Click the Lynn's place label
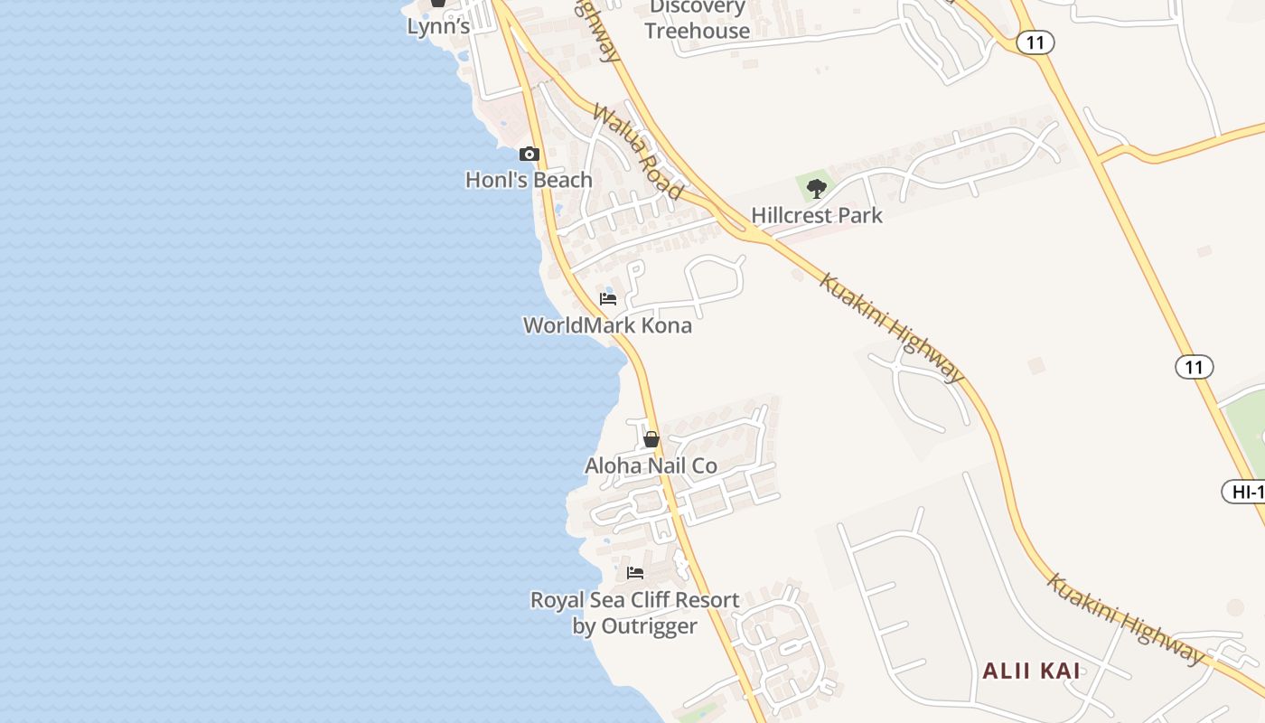438,26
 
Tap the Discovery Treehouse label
698,19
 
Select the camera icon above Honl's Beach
529,155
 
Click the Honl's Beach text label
529,180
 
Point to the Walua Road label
637,152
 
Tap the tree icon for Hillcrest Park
817,189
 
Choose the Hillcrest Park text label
817,215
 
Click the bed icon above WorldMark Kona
608,299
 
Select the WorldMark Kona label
607,325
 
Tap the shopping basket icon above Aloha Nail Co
651,440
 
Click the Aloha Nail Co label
651,465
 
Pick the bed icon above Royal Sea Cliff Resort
635,573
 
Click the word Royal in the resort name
558,600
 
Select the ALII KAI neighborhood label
1031,671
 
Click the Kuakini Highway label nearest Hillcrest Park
890,326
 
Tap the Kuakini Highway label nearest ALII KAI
1125,619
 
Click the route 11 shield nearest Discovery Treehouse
1035,42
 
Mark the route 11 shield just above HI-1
1194,366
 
